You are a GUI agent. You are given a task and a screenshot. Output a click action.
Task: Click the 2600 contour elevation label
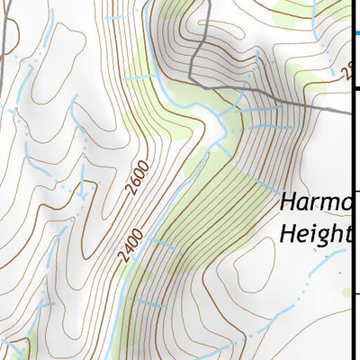[x=137, y=178]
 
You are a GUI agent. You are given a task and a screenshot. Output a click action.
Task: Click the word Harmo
[x=314, y=204]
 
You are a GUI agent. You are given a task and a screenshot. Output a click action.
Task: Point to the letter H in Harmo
[x=288, y=203]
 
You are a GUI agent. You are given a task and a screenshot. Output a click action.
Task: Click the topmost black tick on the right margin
[x=355, y=88]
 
